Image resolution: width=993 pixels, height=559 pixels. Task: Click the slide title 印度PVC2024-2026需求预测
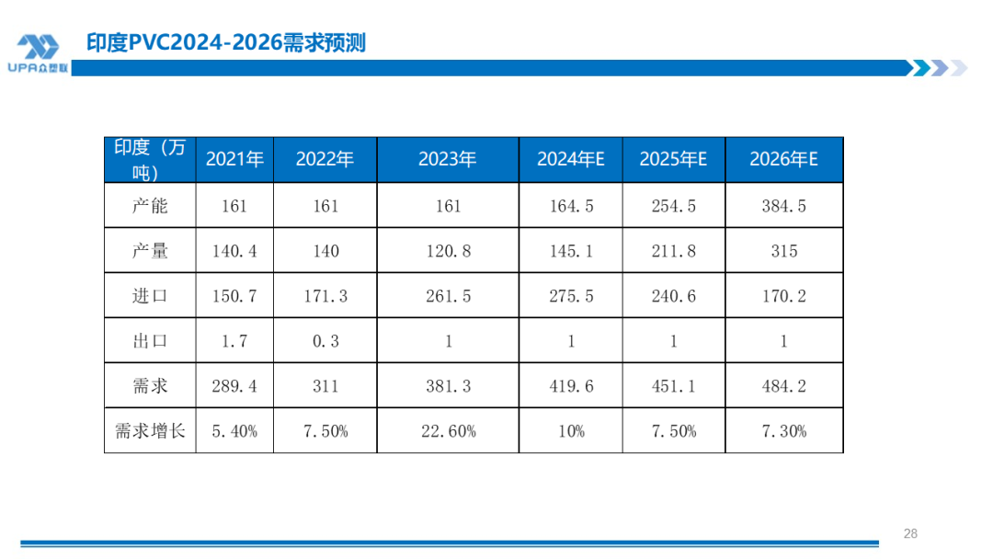pos(225,42)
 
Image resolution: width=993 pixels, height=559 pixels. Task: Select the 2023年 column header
pos(448,159)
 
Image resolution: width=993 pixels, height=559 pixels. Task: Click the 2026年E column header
pos(783,159)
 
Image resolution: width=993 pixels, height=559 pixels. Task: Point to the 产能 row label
pos(150,206)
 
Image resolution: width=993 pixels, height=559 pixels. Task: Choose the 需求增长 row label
pos(150,430)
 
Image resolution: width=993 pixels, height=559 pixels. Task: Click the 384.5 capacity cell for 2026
pos(783,206)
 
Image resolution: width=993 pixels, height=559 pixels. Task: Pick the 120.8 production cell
pos(448,251)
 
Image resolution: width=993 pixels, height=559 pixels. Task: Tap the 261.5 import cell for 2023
pos(448,296)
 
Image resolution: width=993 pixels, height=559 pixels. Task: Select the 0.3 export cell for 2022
pos(325,341)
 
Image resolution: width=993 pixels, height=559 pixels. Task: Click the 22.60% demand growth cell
pos(448,430)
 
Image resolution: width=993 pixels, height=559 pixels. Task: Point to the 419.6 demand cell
pos(570,386)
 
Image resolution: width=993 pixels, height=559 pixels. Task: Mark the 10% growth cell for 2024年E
pos(570,430)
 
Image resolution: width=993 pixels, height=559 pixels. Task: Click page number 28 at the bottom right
pos(910,533)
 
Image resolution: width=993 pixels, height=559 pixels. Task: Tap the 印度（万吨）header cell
pos(150,159)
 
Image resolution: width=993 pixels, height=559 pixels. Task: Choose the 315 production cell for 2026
pos(783,251)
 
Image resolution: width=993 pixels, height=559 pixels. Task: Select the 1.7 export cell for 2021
pos(234,341)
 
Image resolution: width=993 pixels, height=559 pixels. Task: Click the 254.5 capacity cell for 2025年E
pos(673,206)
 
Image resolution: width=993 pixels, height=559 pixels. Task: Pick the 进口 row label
pos(150,296)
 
